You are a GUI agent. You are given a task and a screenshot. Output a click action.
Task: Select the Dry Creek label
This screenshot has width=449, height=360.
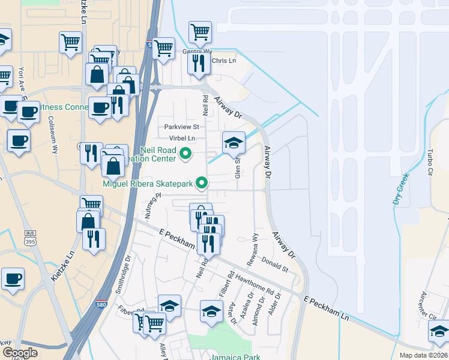pos(401,189)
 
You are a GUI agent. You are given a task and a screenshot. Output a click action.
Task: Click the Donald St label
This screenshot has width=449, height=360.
pos(275,266)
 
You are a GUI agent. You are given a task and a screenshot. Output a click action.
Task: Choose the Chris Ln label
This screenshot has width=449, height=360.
pos(223,61)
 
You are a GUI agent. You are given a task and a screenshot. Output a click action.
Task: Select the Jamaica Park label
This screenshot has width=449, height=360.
pos(235,357)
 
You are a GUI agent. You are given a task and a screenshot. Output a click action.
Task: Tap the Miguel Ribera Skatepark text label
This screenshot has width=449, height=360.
pos(148,183)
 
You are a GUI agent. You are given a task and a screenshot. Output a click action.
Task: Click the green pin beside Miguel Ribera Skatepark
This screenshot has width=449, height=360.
pos(203,182)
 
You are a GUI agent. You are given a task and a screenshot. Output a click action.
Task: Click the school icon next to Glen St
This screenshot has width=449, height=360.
pos(234,143)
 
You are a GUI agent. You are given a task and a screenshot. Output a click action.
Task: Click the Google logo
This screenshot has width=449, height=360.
pos(20,353)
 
